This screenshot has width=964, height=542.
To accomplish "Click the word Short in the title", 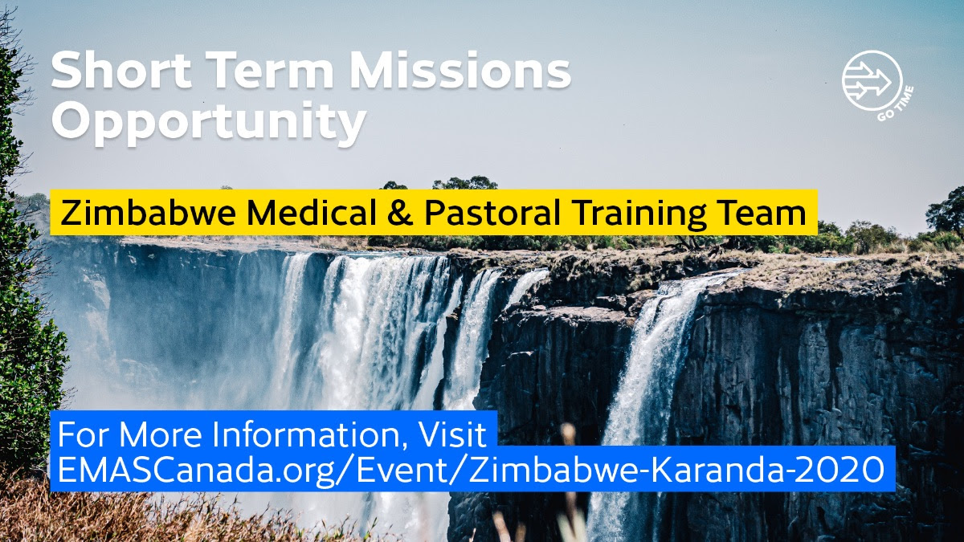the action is [x=121, y=70].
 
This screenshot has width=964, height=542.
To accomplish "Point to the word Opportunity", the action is [x=209, y=123].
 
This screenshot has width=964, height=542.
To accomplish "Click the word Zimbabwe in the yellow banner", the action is [x=148, y=213].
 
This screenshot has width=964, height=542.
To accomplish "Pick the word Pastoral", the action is [x=492, y=213].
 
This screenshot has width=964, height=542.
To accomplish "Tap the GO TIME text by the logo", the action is [x=896, y=104].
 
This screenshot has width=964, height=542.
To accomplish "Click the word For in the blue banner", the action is [x=83, y=434].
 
